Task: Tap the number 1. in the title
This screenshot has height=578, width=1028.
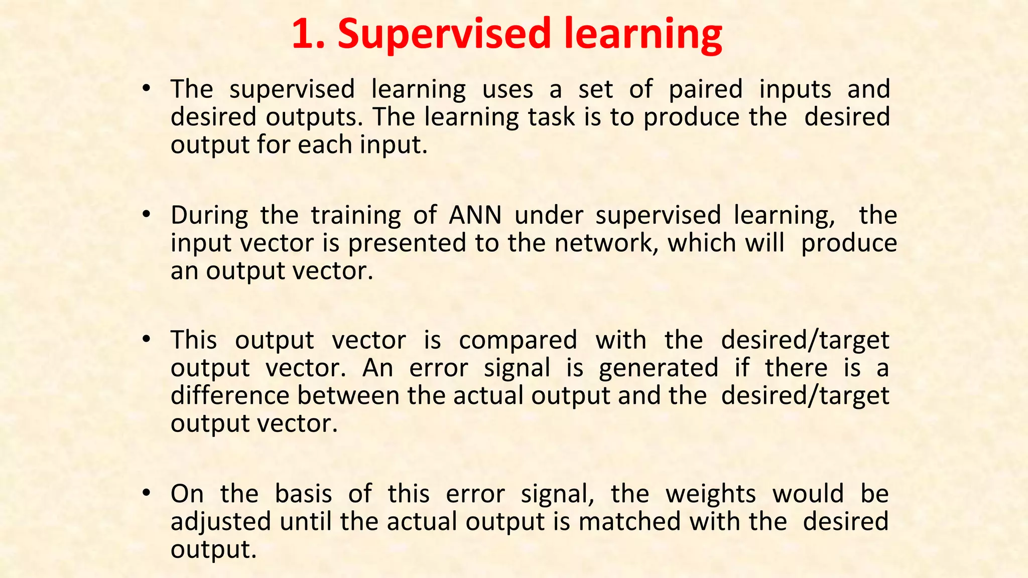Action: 308,34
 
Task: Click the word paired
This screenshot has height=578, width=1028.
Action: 705,90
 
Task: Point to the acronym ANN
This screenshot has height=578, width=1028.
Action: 475,216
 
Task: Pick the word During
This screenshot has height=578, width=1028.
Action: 209,216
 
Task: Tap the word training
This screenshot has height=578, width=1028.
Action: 355,216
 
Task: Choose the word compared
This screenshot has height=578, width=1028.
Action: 518,341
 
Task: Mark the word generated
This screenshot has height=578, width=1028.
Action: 659,368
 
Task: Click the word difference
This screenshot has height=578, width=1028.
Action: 229,395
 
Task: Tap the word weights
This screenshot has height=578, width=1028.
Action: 710,494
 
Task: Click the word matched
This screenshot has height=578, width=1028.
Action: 629,522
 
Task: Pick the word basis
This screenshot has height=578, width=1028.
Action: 303,494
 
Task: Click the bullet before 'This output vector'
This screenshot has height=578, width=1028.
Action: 146,340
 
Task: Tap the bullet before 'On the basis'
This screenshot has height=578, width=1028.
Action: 146,494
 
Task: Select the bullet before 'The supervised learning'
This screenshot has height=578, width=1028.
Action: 146,89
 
